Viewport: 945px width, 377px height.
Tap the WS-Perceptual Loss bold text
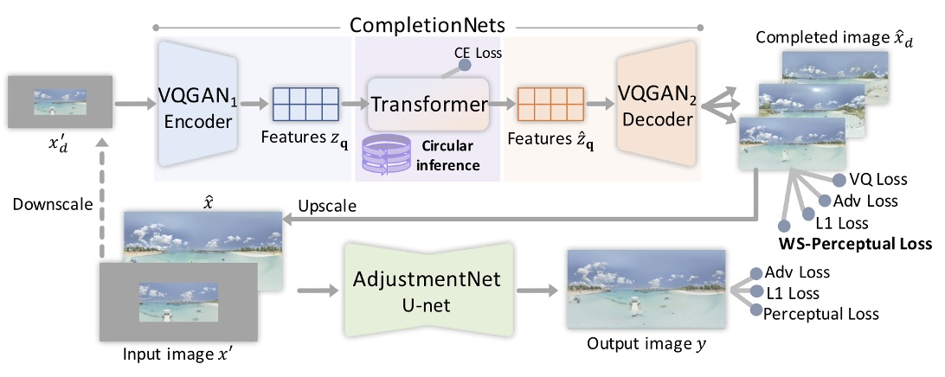tap(853, 245)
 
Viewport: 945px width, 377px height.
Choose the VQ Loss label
tap(879, 180)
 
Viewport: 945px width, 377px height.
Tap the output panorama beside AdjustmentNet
tap(646, 290)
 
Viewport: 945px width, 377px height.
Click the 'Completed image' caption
tap(819, 38)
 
